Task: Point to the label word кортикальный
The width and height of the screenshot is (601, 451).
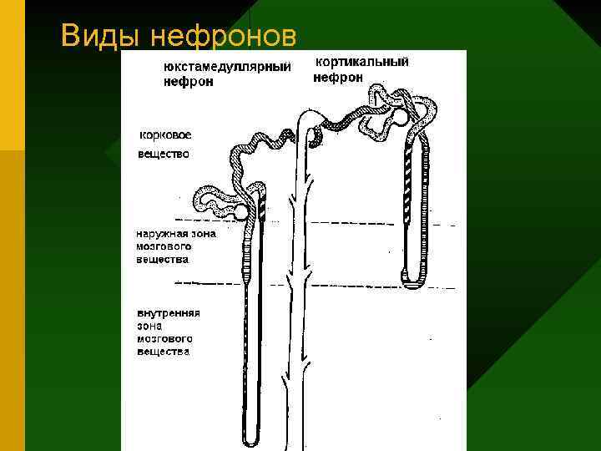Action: [x=360, y=63]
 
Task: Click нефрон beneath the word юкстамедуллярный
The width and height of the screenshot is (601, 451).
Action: [x=188, y=82]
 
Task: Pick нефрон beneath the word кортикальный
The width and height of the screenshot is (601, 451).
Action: [x=338, y=77]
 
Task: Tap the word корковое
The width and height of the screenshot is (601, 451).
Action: [x=164, y=134]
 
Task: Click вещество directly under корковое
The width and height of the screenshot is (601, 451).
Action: [x=164, y=154]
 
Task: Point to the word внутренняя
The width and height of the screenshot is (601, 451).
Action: [x=168, y=312]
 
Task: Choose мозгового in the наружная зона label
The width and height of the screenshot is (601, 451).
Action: [x=163, y=246]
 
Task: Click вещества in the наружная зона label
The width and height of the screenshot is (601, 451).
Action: [x=162, y=259]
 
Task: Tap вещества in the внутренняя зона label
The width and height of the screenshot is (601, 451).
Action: [x=163, y=352]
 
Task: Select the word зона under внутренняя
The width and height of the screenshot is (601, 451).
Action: [x=150, y=326]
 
